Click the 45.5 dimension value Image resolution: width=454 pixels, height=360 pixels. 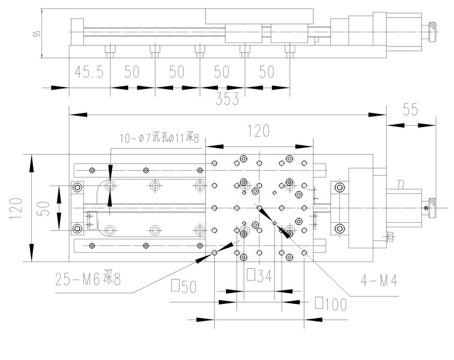tap(88, 72)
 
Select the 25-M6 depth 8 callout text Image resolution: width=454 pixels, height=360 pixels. tap(88, 279)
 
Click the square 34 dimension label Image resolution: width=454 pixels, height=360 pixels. tap(258, 276)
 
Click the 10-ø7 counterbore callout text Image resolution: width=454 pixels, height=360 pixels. tap(159, 138)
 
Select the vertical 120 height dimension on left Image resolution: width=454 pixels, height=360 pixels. tap(15, 207)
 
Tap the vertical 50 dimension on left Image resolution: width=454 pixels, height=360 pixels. tap(45, 207)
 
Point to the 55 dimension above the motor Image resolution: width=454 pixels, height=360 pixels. tap(411, 109)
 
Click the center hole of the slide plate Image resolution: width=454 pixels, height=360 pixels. tap(259, 208)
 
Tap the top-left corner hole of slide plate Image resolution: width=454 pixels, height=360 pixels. tap(214, 163)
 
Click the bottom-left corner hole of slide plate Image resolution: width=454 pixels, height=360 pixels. tap(214, 252)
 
